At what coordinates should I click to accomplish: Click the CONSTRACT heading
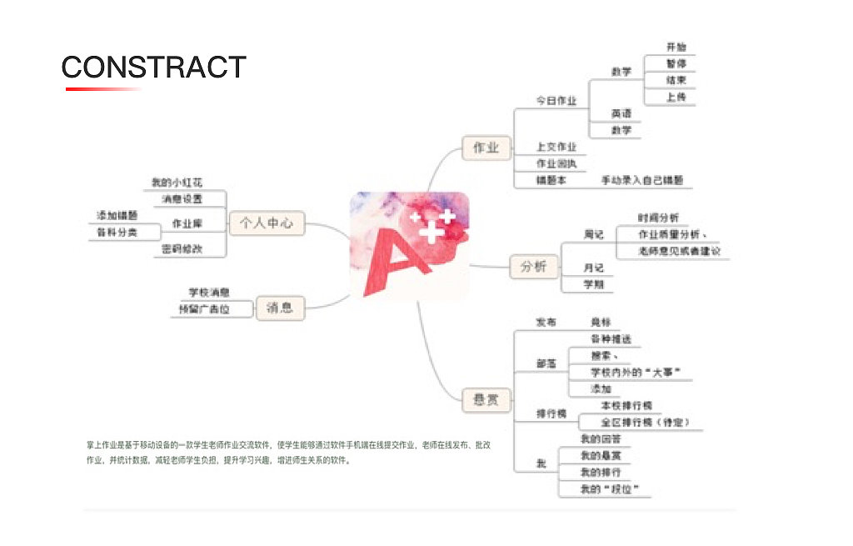point(154,67)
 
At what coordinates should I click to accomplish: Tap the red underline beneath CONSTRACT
point(104,88)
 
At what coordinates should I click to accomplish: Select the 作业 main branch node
point(486,148)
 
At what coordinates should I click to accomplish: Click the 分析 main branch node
point(533,267)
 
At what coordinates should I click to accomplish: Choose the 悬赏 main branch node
point(486,400)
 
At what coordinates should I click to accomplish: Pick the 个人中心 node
point(267,223)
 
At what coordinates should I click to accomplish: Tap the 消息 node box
point(280,308)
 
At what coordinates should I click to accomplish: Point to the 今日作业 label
point(556,101)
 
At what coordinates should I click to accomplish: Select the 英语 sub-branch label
point(621,113)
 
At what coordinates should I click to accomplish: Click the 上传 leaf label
point(676,97)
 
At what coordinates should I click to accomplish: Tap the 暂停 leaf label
point(676,64)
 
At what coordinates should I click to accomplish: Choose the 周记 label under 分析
point(593,235)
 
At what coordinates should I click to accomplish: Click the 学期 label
point(593,284)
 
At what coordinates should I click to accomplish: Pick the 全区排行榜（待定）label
point(640,422)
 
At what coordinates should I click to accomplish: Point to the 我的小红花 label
point(177,183)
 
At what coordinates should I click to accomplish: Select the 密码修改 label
point(182,248)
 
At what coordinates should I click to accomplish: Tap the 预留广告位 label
point(203,309)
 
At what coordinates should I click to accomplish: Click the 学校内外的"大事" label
point(629,372)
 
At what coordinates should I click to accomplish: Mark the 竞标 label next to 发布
point(601,322)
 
